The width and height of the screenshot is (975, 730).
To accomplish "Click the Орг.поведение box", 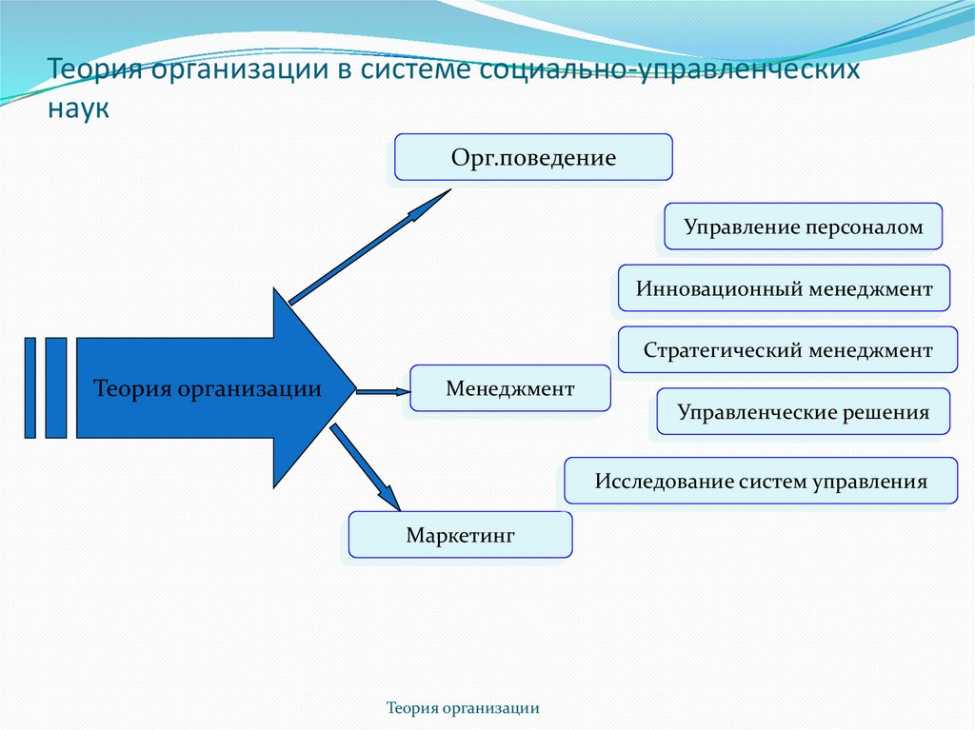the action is click(533, 157).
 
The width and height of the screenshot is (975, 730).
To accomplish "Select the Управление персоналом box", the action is click(803, 227).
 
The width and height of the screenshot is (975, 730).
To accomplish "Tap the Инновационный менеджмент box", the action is click(784, 288).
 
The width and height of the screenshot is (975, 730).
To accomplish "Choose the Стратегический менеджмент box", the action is click(787, 350).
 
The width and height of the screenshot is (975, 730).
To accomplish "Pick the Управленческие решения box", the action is click(803, 412).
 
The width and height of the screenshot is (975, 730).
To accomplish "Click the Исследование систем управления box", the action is click(760, 481).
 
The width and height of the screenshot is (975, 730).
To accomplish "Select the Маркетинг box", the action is click(460, 535).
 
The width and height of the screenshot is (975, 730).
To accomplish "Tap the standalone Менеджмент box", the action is click(509, 388).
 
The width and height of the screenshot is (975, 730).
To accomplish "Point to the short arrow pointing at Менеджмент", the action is click(382, 389).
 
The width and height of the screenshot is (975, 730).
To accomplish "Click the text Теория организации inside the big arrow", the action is click(208, 388).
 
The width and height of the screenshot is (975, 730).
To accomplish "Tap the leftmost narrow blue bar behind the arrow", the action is click(30, 387).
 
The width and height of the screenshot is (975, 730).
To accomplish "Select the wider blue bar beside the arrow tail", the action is click(56, 387).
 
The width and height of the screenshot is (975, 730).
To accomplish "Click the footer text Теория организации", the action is click(464, 708).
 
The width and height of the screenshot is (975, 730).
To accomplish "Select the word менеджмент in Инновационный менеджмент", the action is click(870, 288).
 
